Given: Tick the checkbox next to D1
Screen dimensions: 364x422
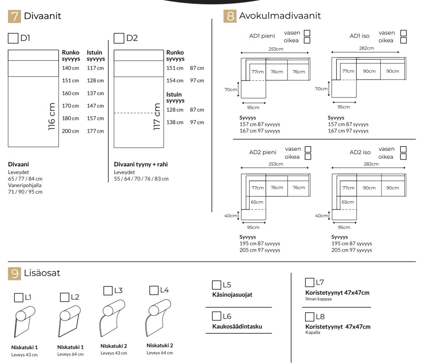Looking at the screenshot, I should [13, 38].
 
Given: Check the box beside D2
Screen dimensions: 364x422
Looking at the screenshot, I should [119, 38].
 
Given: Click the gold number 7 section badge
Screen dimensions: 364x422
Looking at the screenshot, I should [14, 16].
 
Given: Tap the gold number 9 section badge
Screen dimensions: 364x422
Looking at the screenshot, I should [14, 274].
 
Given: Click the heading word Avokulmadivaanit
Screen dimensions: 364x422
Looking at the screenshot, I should [280, 16].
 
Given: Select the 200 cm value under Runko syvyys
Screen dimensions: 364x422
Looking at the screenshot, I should [70, 131].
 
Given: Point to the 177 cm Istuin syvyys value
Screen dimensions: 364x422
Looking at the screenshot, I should [95, 131].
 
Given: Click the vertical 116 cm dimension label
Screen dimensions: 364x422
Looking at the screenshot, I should [52, 117].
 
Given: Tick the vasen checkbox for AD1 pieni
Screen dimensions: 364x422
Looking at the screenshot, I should [307, 33].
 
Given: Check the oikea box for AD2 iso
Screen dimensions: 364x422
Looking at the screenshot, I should [403, 157].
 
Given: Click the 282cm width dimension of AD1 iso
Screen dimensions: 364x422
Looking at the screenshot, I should [366, 49].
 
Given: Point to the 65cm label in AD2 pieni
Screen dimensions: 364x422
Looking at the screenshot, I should [257, 202].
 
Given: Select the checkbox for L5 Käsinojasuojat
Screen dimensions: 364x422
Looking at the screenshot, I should [216, 285].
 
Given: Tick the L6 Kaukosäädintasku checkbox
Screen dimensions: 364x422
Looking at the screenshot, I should [216, 316].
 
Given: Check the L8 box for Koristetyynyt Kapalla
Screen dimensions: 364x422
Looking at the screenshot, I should [309, 317].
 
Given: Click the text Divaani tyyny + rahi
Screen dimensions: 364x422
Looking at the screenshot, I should [141, 164].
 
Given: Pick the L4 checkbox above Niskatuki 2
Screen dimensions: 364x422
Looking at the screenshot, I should [154, 291].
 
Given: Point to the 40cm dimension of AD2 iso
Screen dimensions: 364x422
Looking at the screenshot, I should [321, 216].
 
